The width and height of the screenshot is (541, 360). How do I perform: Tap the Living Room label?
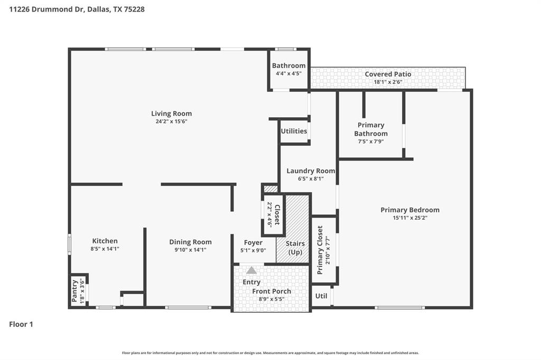[x=171, y=113]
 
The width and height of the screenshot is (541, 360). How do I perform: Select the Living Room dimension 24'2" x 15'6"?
[x=171, y=121]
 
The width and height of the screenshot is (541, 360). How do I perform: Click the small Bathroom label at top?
[x=288, y=66]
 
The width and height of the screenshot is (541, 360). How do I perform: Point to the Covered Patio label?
[x=388, y=74]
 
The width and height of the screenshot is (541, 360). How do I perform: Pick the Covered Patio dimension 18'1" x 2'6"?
[x=388, y=82]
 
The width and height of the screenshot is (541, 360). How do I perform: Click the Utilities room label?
[x=294, y=131]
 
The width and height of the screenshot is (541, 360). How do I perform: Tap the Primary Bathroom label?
[x=371, y=129]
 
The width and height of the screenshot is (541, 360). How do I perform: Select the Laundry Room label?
[x=311, y=171]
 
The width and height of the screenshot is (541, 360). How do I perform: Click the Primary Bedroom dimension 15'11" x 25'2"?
[x=410, y=217]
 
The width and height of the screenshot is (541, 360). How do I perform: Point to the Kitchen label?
[x=105, y=241]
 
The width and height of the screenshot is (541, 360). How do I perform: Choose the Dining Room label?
[x=190, y=242]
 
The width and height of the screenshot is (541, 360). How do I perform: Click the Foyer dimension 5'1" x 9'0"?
[x=253, y=251]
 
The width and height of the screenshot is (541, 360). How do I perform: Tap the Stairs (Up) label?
[x=295, y=248]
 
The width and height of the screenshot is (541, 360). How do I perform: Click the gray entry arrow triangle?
[x=251, y=270]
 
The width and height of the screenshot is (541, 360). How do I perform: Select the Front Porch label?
[x=272, y=291]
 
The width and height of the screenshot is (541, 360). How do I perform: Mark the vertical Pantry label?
[x=74, y=291]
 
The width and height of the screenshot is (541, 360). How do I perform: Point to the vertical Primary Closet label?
[x=320, y=250]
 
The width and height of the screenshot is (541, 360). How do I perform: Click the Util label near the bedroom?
[x=321, y=296]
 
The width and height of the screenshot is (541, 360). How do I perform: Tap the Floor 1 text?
[x=21, y=325]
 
